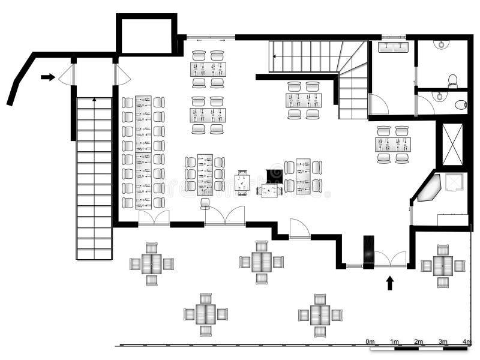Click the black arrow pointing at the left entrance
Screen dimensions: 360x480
click(x=47, y=77)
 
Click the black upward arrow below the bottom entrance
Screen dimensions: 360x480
click(x=389, y=282)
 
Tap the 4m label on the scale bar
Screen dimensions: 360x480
click(x=466, y=341)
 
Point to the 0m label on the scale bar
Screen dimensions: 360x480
click(x=370, y=341)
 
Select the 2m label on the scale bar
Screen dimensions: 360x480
click(x=418, y=341)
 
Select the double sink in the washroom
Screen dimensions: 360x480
click(x=393, y=46)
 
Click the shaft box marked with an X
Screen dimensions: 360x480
click(x=452, y=144)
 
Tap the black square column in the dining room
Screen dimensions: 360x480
click(x=274, y=175)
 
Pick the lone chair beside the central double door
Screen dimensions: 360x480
click(x=205, y=203)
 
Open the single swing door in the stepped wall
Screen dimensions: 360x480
click(x=299, y=229)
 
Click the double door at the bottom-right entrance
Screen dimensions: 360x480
click(x=390, y=259)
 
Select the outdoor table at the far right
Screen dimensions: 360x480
click(x=443, y=265)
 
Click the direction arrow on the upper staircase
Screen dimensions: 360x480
click(x=275, y=56)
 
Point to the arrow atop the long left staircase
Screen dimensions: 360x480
click(x=94, y=100)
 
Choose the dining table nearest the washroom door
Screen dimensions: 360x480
click(x=392, y=145)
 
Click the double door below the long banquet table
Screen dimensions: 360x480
click(x=154, y=218)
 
